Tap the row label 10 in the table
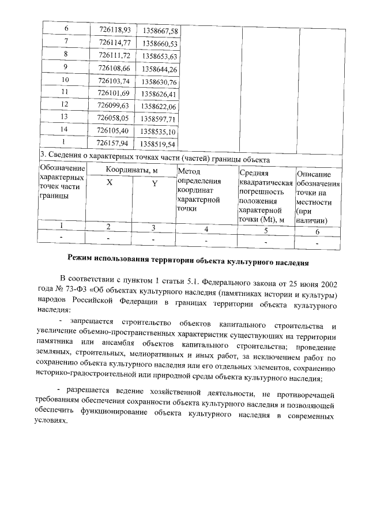[65, 80]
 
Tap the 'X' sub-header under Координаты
[109, 182]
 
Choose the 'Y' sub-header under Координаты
[154, 183]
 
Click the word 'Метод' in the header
[190, 171]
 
